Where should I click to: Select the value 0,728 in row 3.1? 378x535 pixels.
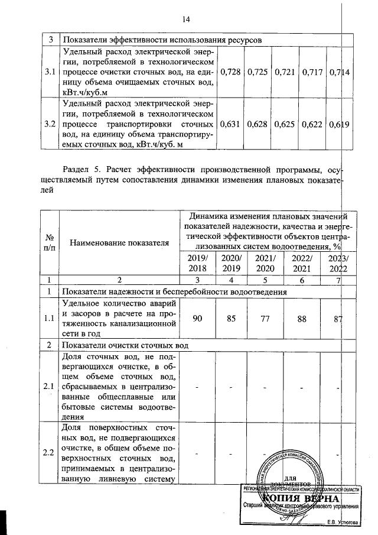pyautogui.click(x=230, y=72)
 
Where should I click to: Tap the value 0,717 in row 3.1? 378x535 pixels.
pyautogui.click(x=312, y=72)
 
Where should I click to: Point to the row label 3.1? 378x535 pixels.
pyautogui.click(x=50, y=72)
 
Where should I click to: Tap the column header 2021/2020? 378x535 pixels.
pyautogui.click(x=260, y=264)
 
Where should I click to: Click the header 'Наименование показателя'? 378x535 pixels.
pyautogui.click(x=119, y=242)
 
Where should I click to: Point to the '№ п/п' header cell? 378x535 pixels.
pyautogui.click(x=47, y=242)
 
